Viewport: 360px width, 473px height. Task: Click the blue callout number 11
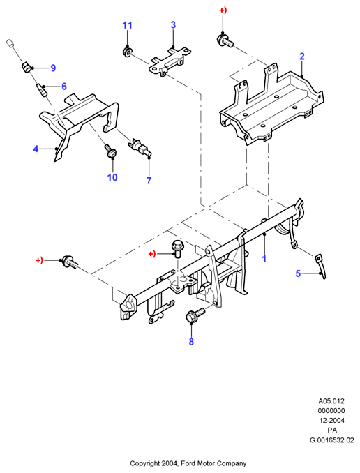127,25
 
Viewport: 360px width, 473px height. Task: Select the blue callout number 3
173,24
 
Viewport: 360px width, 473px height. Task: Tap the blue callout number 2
302,57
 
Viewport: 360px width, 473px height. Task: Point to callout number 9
53,68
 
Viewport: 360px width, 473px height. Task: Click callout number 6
64,87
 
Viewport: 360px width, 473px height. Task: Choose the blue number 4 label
36,149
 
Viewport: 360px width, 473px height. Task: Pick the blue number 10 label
112,177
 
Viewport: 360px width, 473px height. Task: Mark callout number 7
149,181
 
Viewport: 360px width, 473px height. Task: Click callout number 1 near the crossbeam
264,259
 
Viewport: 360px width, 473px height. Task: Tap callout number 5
298,273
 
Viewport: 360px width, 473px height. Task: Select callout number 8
191,342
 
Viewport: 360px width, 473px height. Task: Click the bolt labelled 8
195,314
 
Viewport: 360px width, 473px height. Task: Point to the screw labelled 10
110,151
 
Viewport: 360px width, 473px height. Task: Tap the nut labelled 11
127,51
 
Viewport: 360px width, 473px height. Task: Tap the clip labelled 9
27,67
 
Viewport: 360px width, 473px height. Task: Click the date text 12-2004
331,420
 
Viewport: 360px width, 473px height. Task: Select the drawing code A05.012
331,401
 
